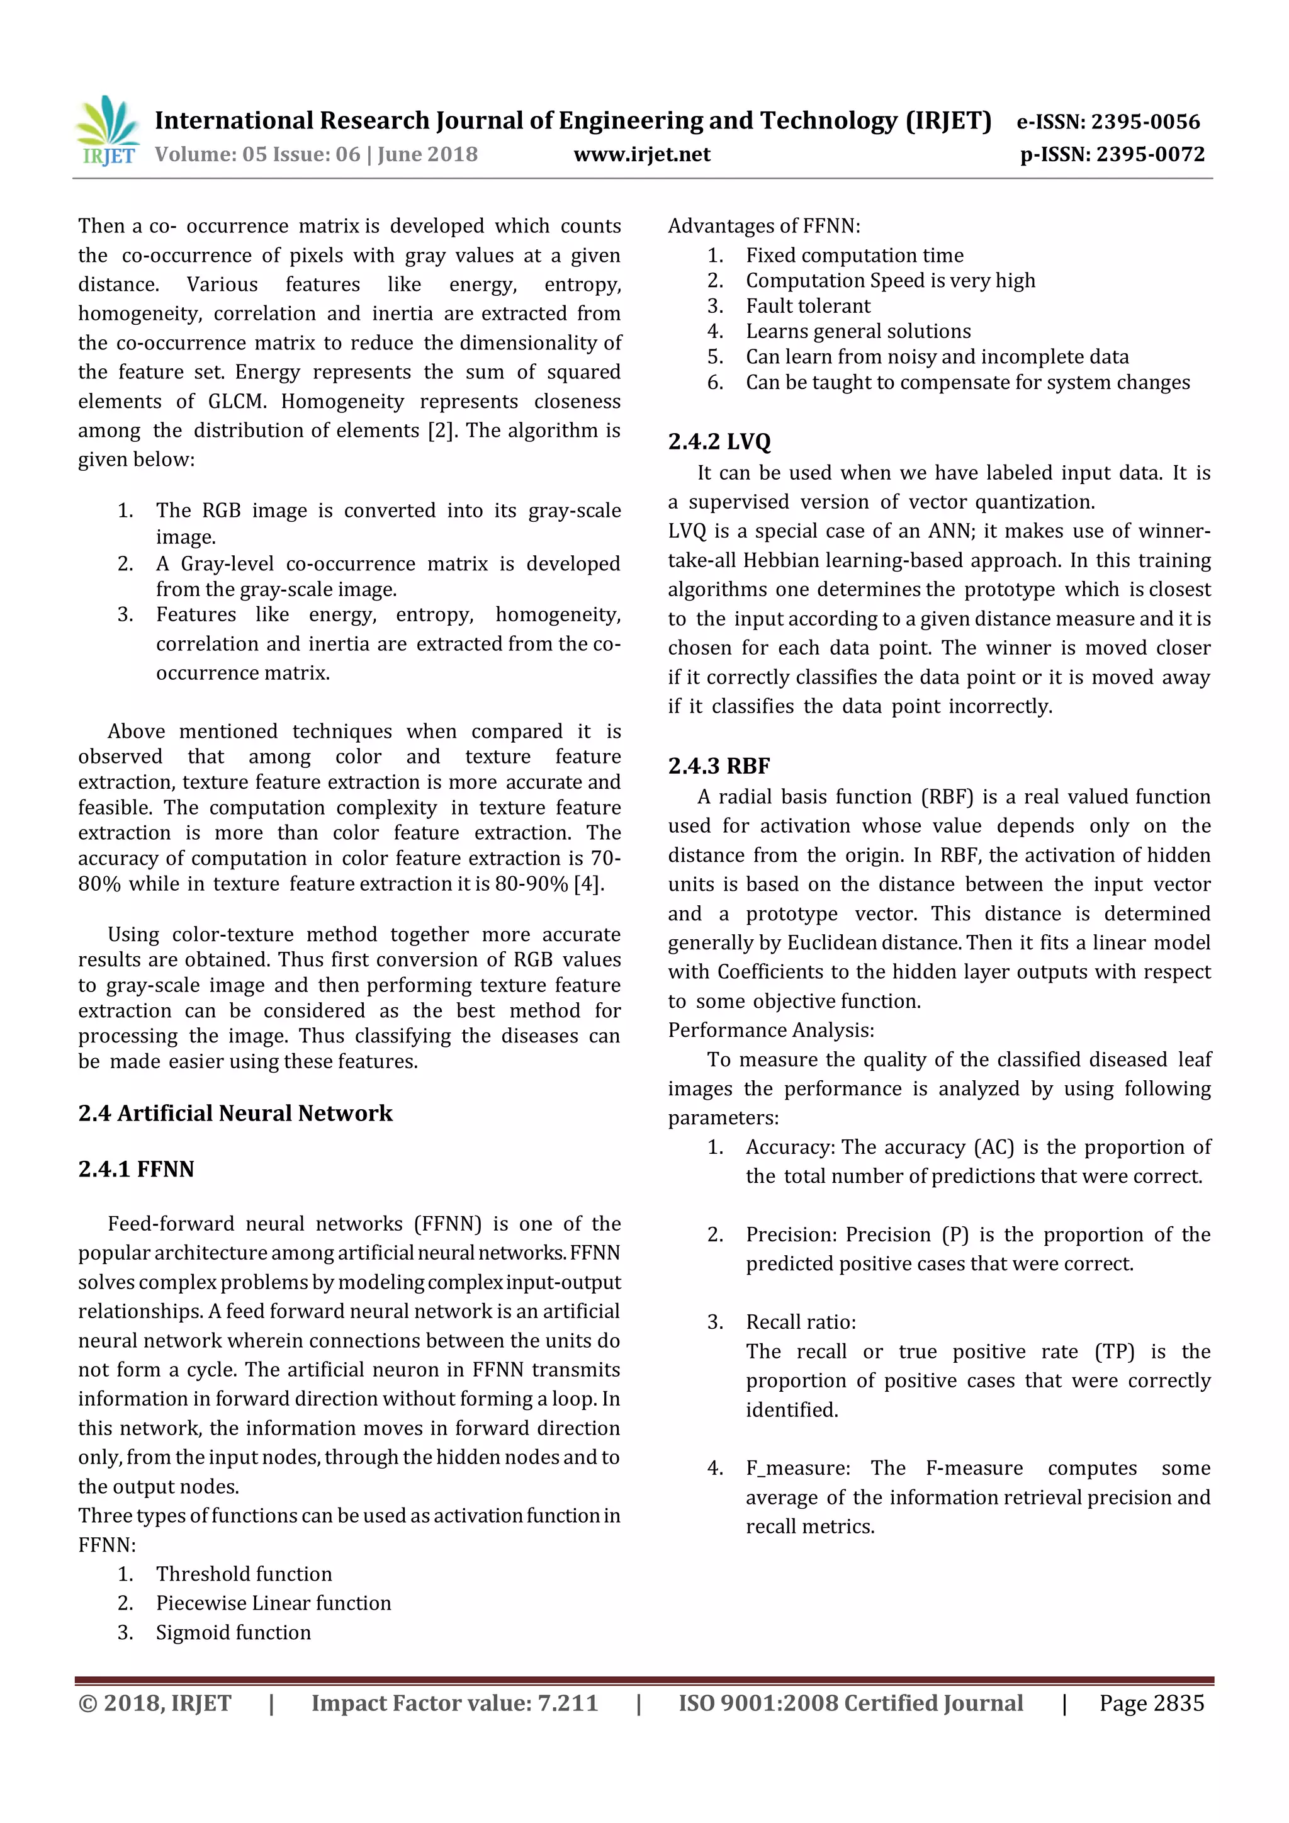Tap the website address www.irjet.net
(641, 154)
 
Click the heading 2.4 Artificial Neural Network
(235, 1113)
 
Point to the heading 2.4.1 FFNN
(136, 1169)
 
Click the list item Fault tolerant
(808, 306)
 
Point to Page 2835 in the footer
(1151, 1703)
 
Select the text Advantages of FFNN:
(763, 226)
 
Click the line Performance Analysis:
(771, 1030)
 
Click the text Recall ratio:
(800, 1322)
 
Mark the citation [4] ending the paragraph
(587, 884)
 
